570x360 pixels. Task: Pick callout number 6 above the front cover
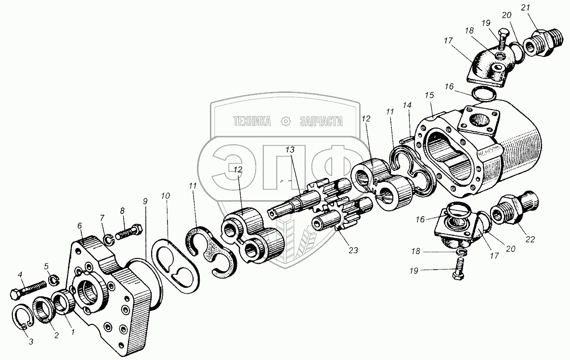(79, 224)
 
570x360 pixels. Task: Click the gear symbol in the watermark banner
(286, 121)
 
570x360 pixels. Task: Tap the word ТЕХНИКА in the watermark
(252, 121)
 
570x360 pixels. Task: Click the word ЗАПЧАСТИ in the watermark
(321, 121)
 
